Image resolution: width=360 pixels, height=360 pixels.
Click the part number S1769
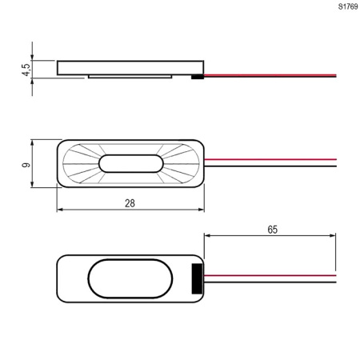tap(348, 6)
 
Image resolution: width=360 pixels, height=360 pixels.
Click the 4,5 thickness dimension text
tap(26, 70)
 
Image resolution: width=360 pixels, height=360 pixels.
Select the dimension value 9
tap(26, 165)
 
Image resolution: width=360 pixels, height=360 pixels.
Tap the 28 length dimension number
tap(130, 203)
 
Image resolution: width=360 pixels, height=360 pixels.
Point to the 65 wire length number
tap(273, 230)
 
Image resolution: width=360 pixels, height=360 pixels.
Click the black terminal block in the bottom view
tap(197, 278)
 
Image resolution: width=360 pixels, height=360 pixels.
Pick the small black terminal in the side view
tap(198, 78)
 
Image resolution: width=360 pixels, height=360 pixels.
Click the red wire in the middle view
tap(270, 159)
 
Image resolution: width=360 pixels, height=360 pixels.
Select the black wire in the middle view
tap(270, 166)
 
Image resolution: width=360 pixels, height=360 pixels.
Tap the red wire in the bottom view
tap(270, 275)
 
